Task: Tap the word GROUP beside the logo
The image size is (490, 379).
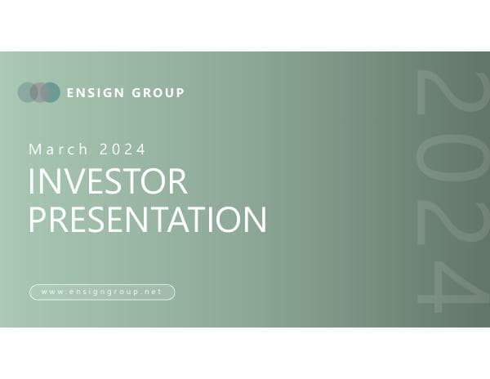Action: [x=158, y=93]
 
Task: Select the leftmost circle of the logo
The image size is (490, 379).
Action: [x=27, y=92]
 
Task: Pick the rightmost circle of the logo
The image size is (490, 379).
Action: [x=51, y=92]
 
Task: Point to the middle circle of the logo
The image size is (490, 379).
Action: [x=38, y=92]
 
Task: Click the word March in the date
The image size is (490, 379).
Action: [x=60, y=149]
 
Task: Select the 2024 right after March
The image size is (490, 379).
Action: [x=123, y=149]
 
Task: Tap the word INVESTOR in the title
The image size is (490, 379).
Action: [x=108, y=181]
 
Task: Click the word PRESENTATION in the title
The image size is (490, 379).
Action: [x=147, y=219]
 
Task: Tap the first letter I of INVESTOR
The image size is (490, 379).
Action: [x=31, y=181]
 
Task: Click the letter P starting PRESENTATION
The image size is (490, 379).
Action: [x=38, y=219]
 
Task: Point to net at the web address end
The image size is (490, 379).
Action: [x=153, y=292]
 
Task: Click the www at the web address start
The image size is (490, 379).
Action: [x=51, y=292]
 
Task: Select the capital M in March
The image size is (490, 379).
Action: [x=34, y=149]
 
